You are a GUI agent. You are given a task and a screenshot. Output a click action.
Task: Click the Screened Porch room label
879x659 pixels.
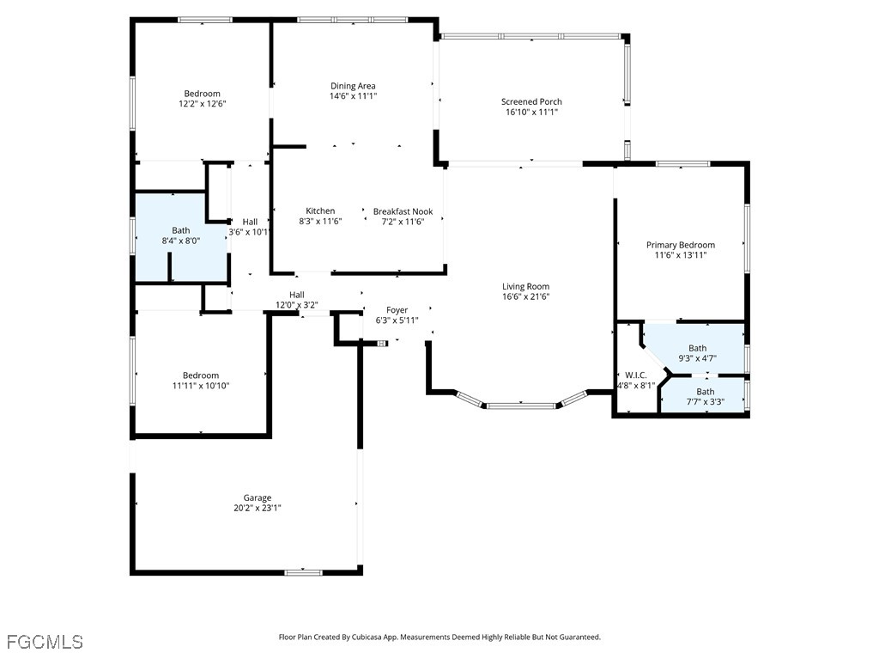[531, 101]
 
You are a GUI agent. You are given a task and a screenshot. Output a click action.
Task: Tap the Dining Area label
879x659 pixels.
[353, 86]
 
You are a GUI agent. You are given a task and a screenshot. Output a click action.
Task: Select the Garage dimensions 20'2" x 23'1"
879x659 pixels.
[258, 508]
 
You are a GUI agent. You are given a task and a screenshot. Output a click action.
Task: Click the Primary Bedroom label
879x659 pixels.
[681, 245]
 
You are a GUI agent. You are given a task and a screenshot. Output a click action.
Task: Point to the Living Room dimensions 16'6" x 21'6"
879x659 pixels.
[526, 296]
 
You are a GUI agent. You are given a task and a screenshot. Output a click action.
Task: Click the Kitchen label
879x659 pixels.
[320, 211]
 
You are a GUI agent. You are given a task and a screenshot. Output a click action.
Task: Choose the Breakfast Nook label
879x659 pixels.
[403, 211]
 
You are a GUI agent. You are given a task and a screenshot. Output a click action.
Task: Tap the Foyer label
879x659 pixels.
[397, 310]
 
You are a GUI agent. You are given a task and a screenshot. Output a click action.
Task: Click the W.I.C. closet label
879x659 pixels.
[636, 375]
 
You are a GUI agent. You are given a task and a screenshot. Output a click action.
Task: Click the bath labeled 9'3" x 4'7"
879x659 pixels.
[697, 348]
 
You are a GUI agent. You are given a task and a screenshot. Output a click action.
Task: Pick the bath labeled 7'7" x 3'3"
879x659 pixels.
[706, 396]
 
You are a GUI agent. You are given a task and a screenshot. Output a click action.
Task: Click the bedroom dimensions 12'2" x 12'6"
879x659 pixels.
[203, 104]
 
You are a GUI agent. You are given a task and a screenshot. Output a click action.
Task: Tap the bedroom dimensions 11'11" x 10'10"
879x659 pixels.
[201, 386]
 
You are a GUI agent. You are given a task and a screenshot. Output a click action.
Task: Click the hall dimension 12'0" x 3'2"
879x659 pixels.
[296, 305]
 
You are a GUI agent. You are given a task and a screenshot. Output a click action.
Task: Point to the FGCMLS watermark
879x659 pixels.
[45, 642]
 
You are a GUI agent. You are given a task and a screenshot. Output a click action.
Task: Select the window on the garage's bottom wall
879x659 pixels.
[303, 572]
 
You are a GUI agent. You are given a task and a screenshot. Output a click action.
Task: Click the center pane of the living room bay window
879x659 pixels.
[521, 406]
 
